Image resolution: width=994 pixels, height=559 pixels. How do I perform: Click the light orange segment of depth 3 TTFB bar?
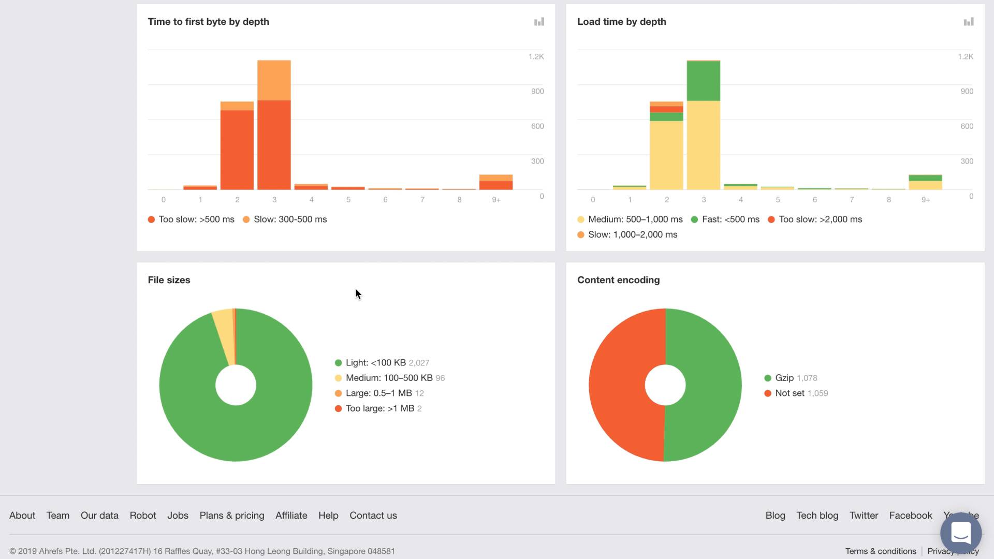click(x=274, y=80)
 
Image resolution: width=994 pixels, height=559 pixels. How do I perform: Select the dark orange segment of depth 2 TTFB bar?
click(x=237, y=150)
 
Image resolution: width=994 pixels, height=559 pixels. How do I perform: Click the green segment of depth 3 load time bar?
click(x=703, y=81)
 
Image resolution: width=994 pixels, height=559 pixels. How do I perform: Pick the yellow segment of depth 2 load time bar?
click(x=666, y=155)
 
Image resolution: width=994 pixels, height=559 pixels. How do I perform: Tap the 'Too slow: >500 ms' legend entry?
click(x=191, y=219)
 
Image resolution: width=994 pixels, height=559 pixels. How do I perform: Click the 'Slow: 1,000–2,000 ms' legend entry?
click(x=627, y=234)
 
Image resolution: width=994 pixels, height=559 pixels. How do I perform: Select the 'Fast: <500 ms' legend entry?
click(x=725, y=219)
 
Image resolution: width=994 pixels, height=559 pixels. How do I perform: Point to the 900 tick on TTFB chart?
click(x=537, y=91)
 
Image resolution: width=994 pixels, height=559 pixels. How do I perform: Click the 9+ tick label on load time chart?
click(x=926, y=200)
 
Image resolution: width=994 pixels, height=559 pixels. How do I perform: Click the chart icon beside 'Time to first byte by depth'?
click(x=539, y=22)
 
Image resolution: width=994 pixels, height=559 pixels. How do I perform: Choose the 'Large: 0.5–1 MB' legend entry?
click(x=379, y=393)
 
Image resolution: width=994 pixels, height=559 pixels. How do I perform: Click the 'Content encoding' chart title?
click(x=618, y=280)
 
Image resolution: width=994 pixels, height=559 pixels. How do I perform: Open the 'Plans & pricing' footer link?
click(x=232, y=516)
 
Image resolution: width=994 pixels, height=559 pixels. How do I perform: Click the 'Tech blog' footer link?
click(x=817, y=516)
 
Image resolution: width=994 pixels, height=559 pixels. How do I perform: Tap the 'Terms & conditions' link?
click(x=881, y=551)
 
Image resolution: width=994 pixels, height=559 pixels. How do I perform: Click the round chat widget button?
click(x=961, y=533)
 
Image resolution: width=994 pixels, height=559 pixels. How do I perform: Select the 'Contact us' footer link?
click(x=373, y=516)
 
